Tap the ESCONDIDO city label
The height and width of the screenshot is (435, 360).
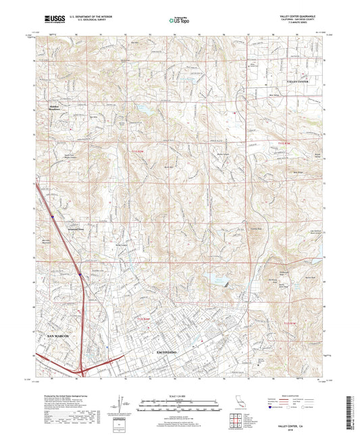167,354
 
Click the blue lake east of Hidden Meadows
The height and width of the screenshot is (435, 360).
143,107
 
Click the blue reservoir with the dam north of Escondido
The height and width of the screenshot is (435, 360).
218,278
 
